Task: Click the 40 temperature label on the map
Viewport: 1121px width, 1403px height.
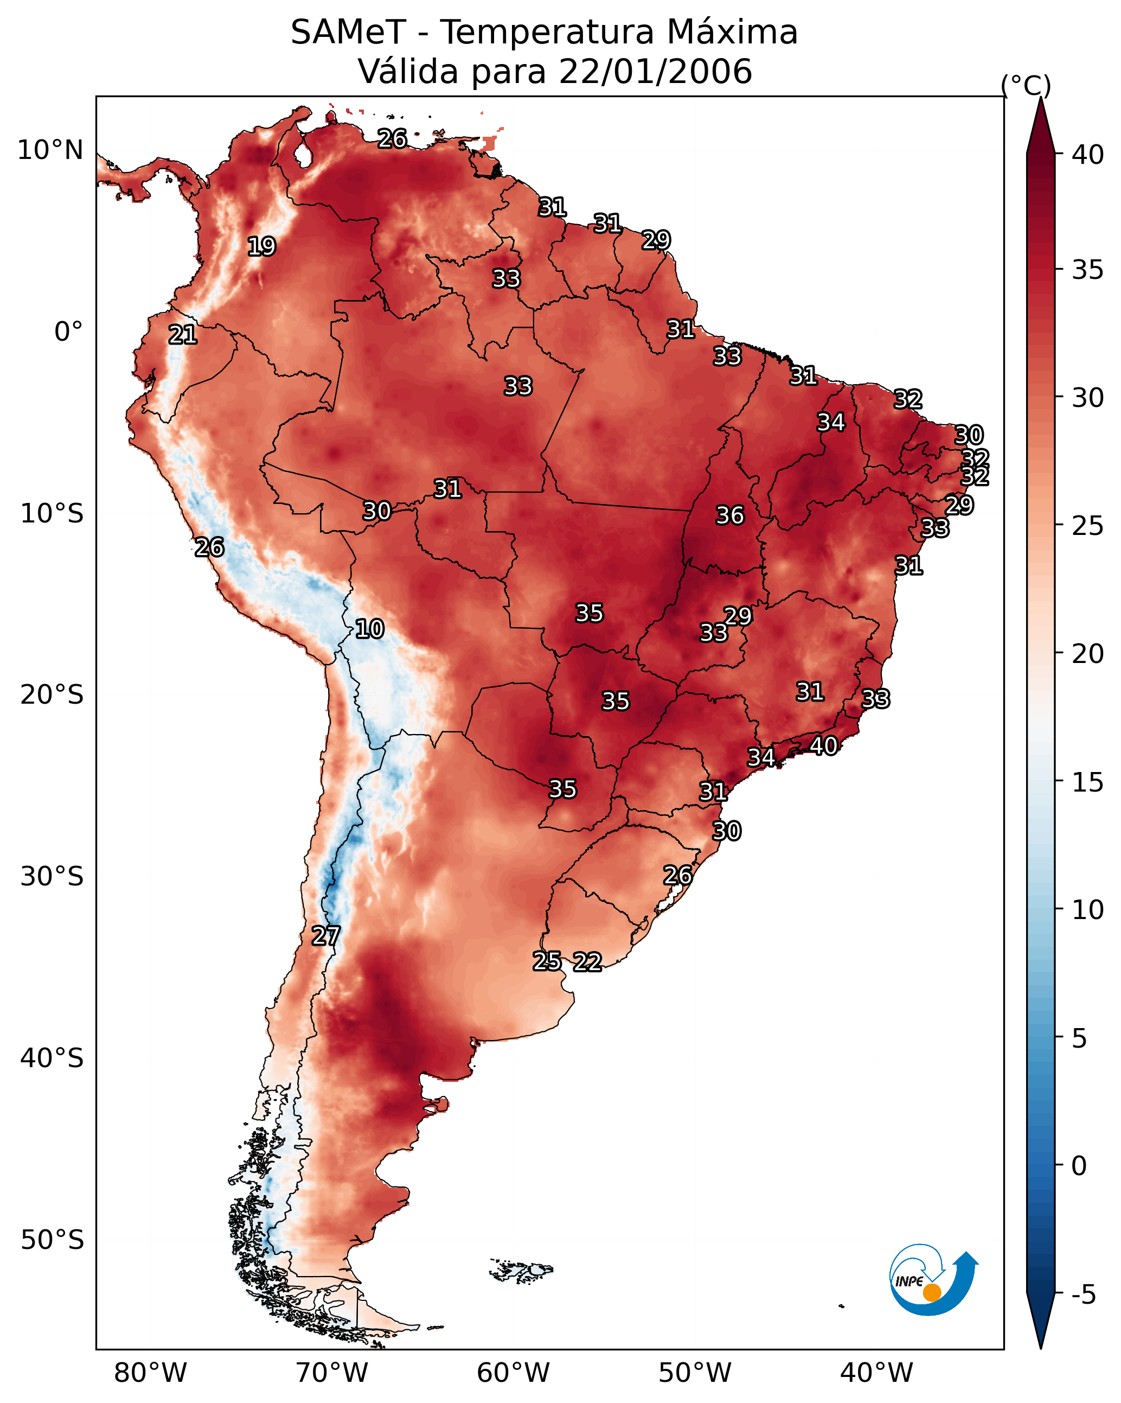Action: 824,746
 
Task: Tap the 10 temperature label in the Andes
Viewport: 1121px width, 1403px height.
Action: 369,629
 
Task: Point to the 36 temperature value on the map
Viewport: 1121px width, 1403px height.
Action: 730,515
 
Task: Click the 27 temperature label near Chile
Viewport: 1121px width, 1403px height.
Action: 325,936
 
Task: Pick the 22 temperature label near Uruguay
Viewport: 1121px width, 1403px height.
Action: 587,962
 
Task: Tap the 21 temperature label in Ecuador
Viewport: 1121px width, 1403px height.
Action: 183,335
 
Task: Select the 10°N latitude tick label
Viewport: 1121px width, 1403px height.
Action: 50,150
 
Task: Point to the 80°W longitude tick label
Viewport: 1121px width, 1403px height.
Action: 150,1374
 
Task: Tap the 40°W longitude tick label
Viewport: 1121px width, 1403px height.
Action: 876,1374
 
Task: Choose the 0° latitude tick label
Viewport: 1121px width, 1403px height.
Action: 69,332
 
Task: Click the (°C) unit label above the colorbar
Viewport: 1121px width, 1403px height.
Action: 1026,85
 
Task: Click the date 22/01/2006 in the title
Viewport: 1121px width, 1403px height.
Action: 655,71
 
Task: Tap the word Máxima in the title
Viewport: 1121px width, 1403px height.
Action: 726,32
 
